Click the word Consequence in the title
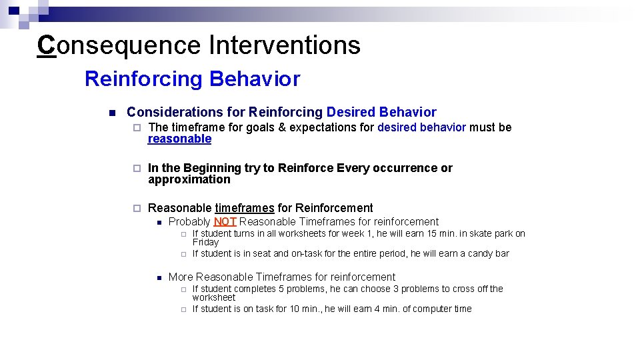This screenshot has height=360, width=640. tap(119, 45)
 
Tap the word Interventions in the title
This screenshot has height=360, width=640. tap(285, 45)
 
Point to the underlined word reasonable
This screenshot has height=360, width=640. tap(179, 139)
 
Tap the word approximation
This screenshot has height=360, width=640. tap(189, 179)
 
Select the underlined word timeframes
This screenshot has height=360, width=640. tap(244, 208)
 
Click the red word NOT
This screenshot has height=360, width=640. tap(225, 221)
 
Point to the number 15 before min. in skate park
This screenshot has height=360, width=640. tap(431, 233)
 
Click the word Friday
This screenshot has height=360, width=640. tap(205, 242)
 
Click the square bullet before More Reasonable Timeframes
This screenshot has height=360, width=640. tap(159, 277)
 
